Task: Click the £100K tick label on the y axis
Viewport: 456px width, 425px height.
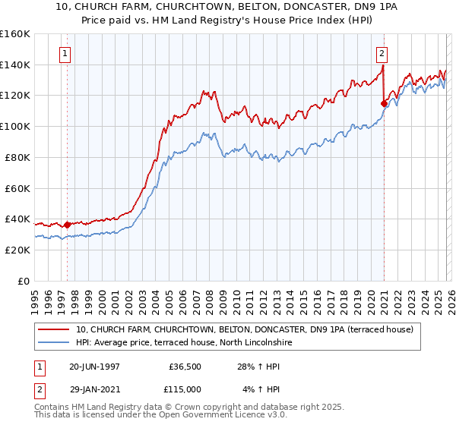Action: (x=15, y=126)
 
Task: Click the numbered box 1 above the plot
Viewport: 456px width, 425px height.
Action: (x=66, y=54)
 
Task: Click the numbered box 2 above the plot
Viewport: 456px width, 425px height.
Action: (x=382, y=54)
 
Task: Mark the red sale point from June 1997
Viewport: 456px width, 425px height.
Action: (x=67, y=225)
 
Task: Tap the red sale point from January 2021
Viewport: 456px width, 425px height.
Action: (x=384, y=103)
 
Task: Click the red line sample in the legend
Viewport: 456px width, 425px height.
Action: (x=55, y=329)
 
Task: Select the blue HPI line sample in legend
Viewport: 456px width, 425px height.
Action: (x=55, y=343)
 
